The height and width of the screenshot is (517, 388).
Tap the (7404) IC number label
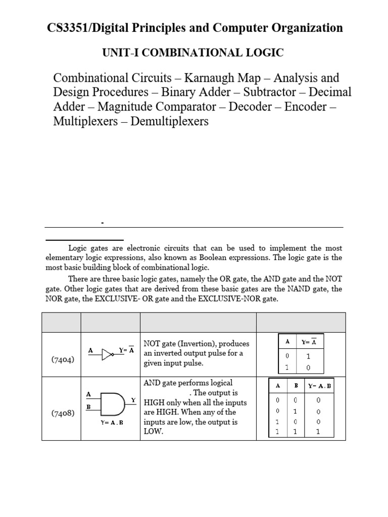[64, 359]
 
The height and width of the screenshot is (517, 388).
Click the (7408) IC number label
[64, 413]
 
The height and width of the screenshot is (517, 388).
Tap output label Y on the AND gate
[133, 400]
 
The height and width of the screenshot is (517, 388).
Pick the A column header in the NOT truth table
[287, 342]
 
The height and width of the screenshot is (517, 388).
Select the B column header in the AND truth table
[296, 386]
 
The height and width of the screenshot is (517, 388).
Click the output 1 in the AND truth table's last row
[318, 432]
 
